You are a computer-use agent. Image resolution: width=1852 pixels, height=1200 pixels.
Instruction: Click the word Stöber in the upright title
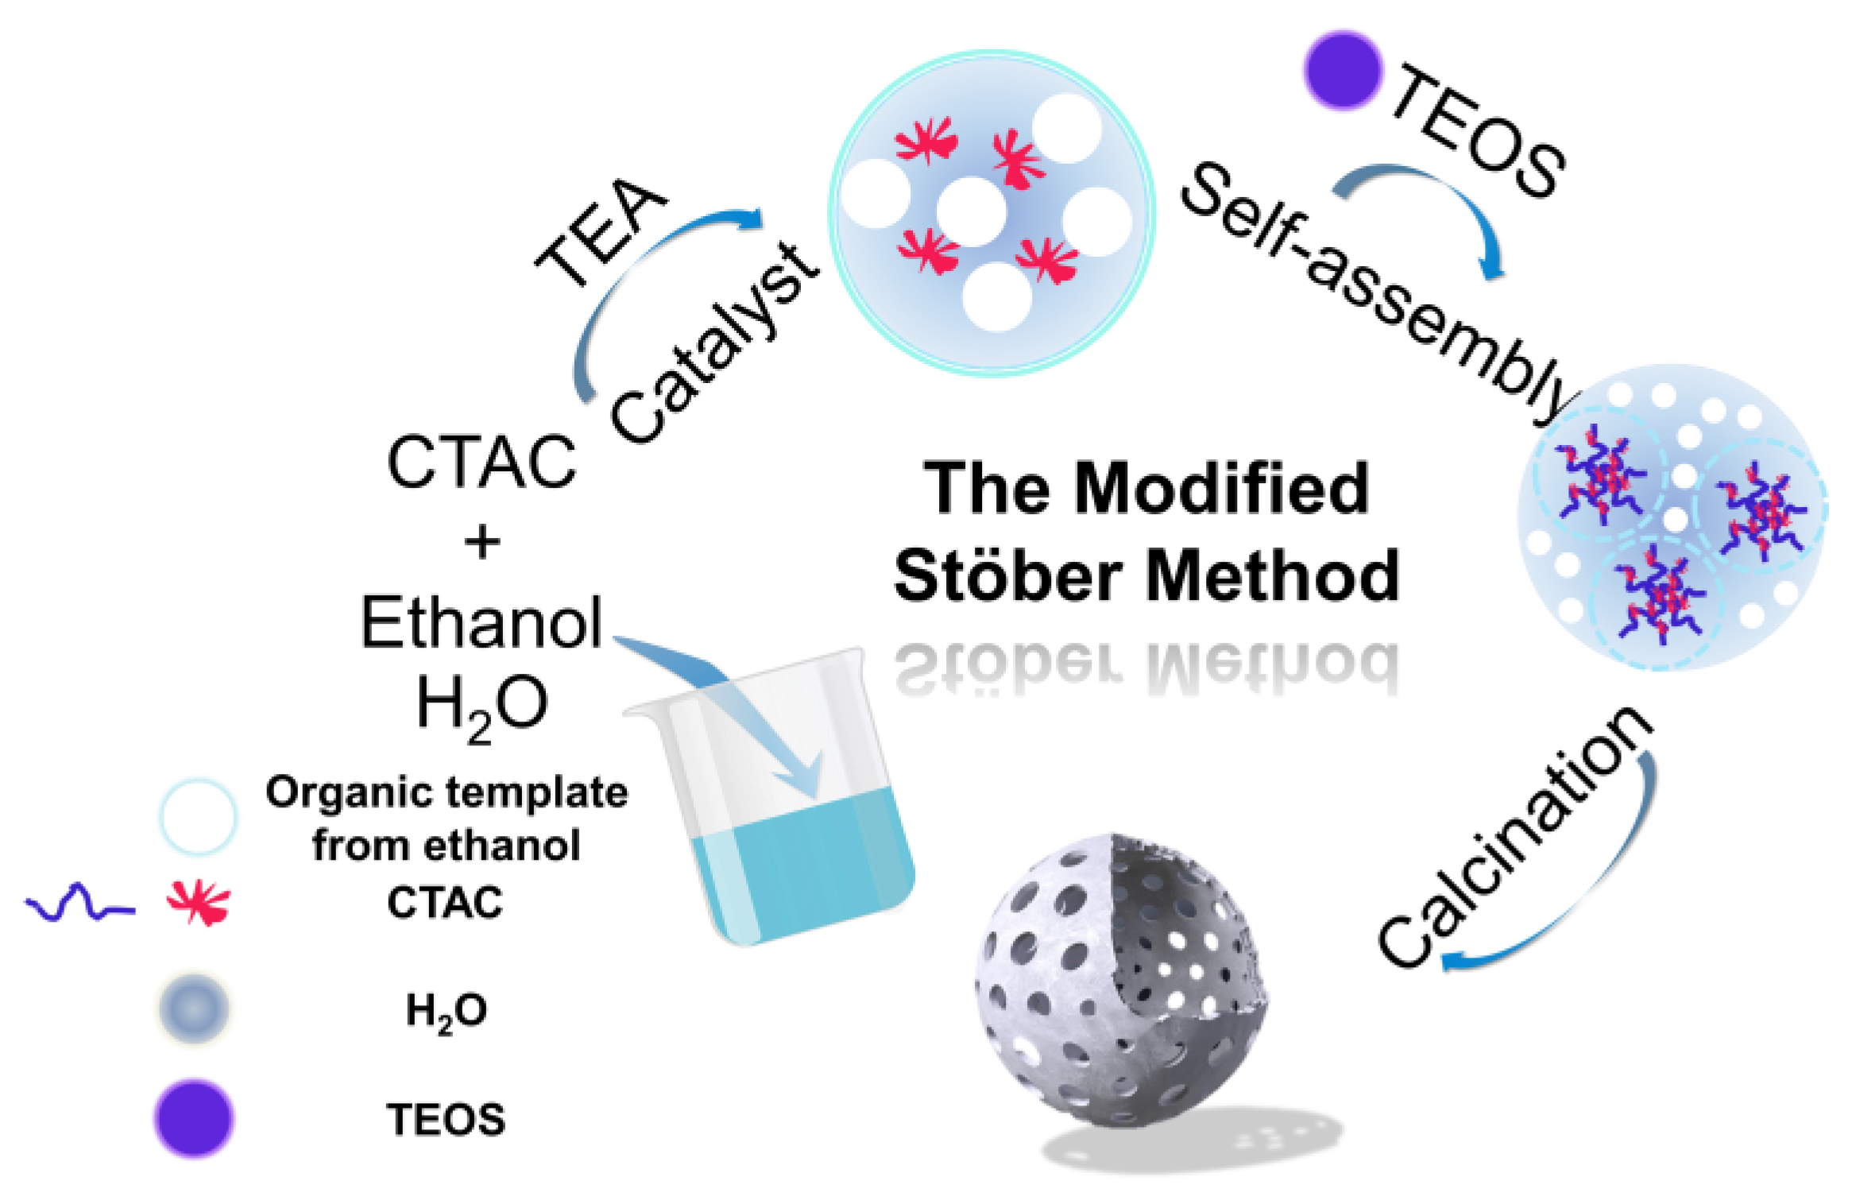click(x=1008, y=575)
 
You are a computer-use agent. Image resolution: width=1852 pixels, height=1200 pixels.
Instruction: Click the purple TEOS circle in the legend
click(x=194, y=1117)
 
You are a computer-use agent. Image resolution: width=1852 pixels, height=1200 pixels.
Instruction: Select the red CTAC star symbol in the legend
click(x=198, y=902)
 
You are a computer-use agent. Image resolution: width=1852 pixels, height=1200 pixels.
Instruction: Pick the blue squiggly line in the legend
click(x=79, y=904)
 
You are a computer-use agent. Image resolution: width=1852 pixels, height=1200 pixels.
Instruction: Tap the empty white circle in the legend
click(x=198, y=816)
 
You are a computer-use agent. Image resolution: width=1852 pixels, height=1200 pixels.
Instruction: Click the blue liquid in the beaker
click(x=802, y=866)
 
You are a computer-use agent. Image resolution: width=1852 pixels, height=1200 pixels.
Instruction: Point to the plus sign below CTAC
click(x=481, y=544)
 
